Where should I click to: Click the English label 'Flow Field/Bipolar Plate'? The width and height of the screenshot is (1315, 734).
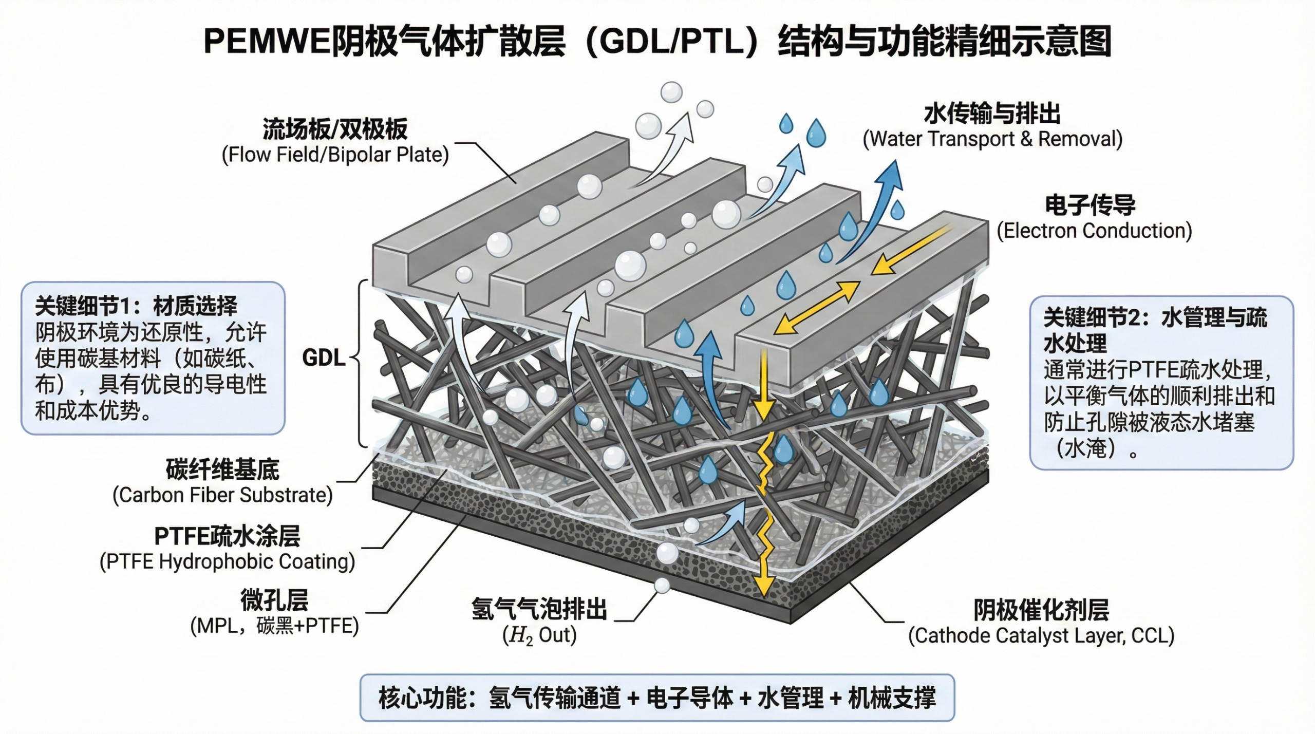click(335, 155)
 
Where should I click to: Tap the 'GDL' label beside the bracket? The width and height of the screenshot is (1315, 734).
click(324, 358)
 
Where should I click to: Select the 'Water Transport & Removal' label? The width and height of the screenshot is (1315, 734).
click(992, 139)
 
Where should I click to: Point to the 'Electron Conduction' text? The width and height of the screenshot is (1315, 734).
click(1094, 231)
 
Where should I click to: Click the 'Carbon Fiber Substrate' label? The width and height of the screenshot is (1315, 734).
click(222, 495)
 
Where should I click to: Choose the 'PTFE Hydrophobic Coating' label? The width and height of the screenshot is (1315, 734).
click(227, 561)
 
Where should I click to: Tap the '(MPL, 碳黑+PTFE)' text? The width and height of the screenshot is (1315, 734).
click(274, 626)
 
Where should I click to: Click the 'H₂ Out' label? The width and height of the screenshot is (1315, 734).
click(539, 635)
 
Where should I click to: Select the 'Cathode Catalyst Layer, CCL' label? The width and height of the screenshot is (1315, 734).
click(1041, 636)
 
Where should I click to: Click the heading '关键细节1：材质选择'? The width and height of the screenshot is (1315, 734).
click(136, 307)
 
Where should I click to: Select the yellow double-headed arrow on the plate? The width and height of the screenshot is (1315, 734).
click(816, 308)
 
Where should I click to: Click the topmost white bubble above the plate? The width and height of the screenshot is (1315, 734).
click(671, 92)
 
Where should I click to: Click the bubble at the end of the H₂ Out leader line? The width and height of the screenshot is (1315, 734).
click(662, 585)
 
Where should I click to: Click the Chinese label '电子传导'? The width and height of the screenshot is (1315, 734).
click(1090, 205)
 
